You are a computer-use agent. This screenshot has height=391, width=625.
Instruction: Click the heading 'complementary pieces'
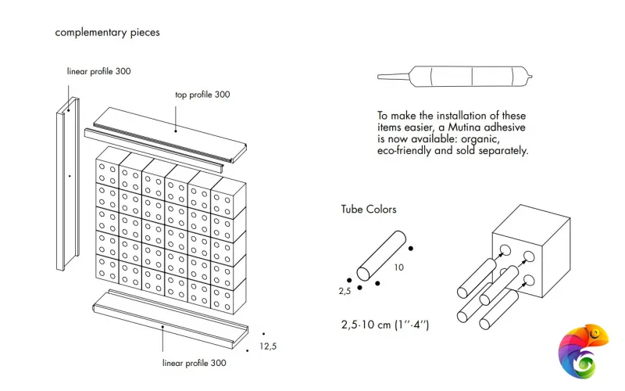pyautogui.click(x=107, y=33)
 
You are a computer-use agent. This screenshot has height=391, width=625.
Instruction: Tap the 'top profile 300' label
pyautogui.click(x=202, y=95)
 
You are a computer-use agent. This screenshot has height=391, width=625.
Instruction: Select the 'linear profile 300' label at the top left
pyautogui.click(x=98, y=71)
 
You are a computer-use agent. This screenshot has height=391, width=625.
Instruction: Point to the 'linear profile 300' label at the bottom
pyautogui.click(x=195, y=363)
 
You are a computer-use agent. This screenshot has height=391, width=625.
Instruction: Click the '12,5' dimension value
pyautogui.click(x=268, y=346)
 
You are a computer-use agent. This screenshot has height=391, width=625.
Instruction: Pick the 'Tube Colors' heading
pyautogui.click(x=369, y=209)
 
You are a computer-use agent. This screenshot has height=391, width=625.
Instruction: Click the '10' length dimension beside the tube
pyautogui.click(x=398, y=267)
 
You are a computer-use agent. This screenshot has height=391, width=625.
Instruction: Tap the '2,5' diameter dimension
pyautogui.click(x=344, y=290)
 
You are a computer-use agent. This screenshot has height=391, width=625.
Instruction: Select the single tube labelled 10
pyautogui.click(x=381, y=254)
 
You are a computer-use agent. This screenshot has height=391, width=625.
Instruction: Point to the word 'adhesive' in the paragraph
pyautogui.click(x=506, y=127)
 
